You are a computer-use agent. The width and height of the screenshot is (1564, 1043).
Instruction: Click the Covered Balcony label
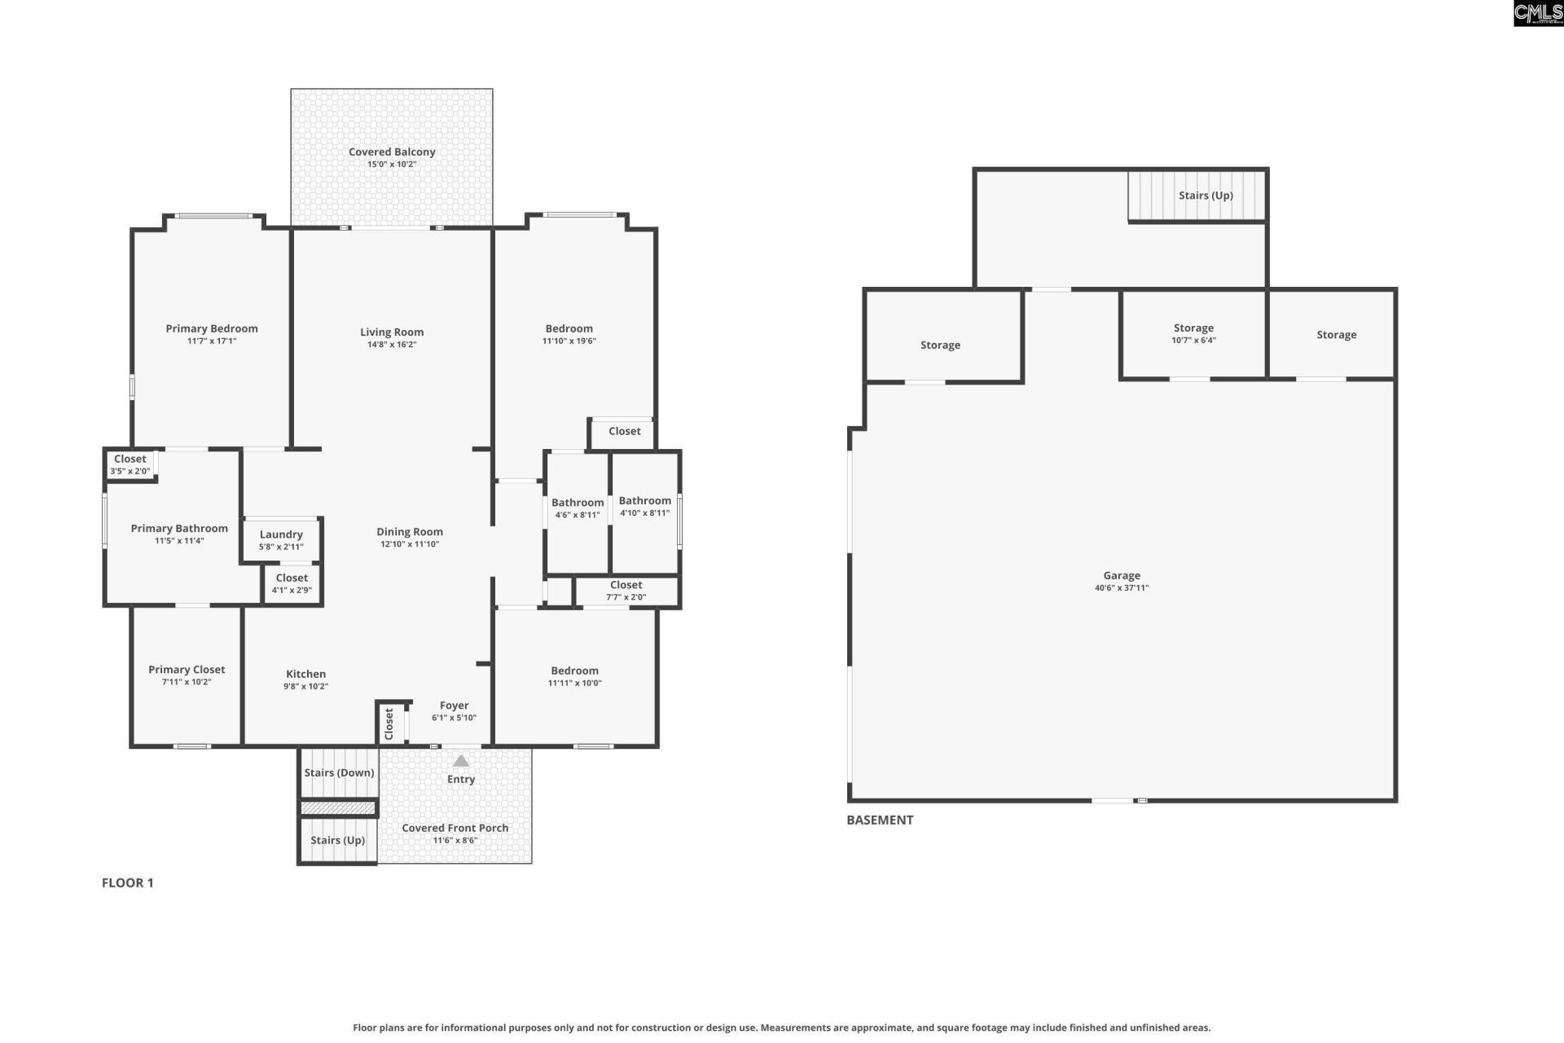(x=392, y=152)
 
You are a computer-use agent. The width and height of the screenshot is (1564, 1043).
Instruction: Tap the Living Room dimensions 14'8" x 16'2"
(x=392, y=345)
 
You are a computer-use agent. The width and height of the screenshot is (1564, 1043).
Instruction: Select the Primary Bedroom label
(x=212, y=328)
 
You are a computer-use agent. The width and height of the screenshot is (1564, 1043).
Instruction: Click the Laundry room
(x=281, y=539)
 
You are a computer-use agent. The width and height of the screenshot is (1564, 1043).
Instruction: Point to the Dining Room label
(x=410, y=531)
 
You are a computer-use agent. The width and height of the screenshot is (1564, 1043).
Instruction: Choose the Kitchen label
(x=306, y=674)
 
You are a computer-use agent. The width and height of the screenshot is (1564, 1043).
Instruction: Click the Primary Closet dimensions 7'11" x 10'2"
(x=187, y=682)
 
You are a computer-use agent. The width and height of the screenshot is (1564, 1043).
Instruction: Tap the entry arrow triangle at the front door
(x=461, y=761)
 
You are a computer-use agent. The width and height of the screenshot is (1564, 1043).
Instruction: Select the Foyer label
(x=455, y=706)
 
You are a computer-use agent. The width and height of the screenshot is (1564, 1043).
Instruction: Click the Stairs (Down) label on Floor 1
(x=339, y=772)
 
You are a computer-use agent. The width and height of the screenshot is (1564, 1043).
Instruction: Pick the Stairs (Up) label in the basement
(x=1206, y=196)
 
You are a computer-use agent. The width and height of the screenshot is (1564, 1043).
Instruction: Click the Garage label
(x=1122, y=575)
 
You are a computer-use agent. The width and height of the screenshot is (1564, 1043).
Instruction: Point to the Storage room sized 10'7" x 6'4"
(x=1193, y=334)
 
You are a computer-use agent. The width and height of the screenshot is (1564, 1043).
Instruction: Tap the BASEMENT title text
(x=880, y=820)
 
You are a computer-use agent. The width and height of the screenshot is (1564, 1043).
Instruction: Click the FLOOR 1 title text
(x=128, y=882)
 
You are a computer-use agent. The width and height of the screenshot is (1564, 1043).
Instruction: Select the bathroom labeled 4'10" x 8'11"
(x=644, y=513)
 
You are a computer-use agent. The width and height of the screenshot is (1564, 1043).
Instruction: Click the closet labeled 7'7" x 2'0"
(x=626, y=591)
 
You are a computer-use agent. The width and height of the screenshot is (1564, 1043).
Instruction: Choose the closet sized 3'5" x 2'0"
(x=130, y=464)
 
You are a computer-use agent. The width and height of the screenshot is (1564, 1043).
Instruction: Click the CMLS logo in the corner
(x=1538, y=13)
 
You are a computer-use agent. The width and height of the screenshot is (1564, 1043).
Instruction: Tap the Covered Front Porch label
(x=455, y=828)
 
